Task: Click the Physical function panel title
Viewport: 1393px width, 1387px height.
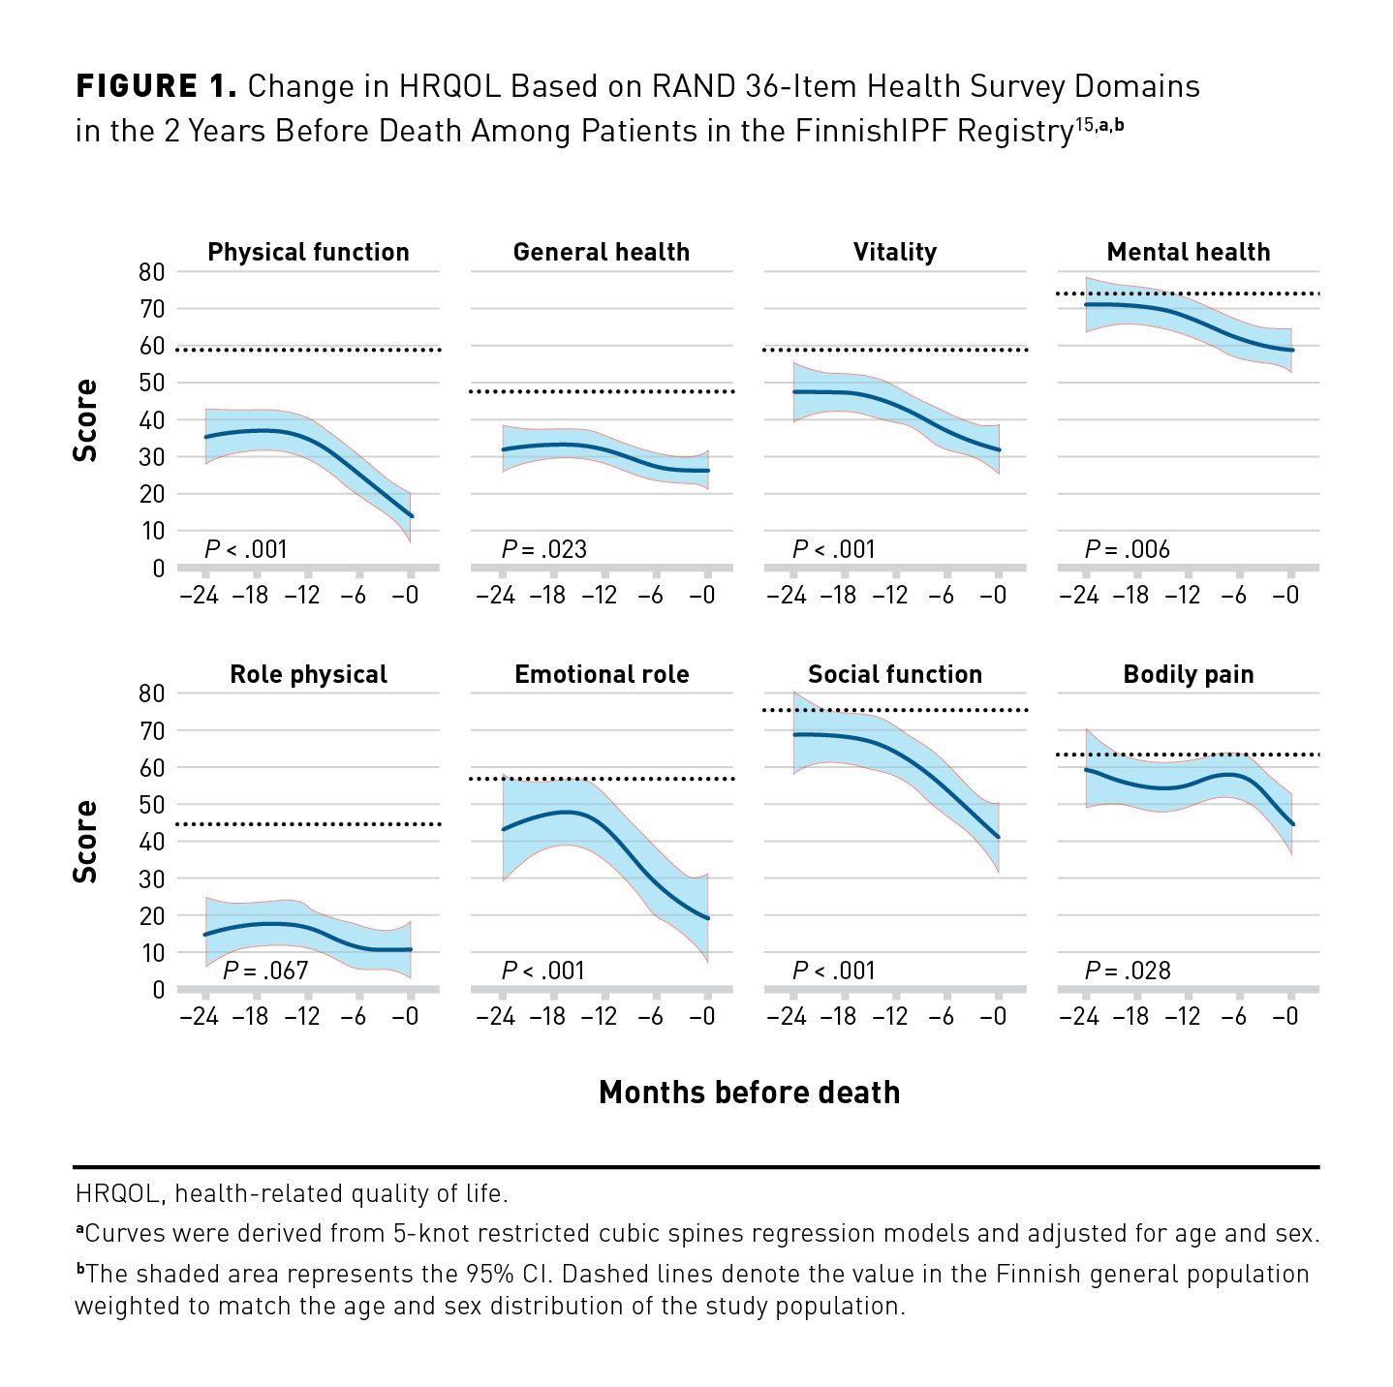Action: [x=308, y=253]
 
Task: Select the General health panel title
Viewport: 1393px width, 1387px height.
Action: [x=602, y=253]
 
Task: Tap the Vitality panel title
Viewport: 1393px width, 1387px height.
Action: [x=895, y=253]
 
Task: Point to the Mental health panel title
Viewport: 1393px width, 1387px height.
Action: [x=1189, y=253]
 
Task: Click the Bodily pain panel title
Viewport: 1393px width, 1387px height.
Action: [x=1189, y=675]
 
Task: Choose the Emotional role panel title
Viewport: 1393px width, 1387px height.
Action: [x=602, y=675]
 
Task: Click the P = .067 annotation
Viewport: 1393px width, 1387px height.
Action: [x=265, y=971]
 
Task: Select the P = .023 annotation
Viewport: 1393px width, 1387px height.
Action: [x=544, y=549]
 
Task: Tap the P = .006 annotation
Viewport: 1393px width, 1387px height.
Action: [x=1128, y=549]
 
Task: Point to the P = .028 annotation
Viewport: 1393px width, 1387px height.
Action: [x=1128, y=971]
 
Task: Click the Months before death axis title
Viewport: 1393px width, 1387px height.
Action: [x=749, y=1093]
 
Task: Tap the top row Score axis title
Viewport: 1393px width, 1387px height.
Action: [x=86, y=420]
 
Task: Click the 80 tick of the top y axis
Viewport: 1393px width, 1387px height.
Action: [x=152, y=272]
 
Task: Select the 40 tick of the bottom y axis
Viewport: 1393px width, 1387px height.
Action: [x=152, y=842]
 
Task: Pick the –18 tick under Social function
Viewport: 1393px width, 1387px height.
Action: [x=838, y=1016]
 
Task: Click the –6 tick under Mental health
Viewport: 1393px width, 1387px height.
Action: [x=1233, y=595]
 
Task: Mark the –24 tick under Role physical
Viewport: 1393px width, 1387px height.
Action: [x=200, y=1016]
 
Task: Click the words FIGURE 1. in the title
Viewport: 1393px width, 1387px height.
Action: [x=156, y=86]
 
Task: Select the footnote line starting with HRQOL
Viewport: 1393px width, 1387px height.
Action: [x=292, y=1193]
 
